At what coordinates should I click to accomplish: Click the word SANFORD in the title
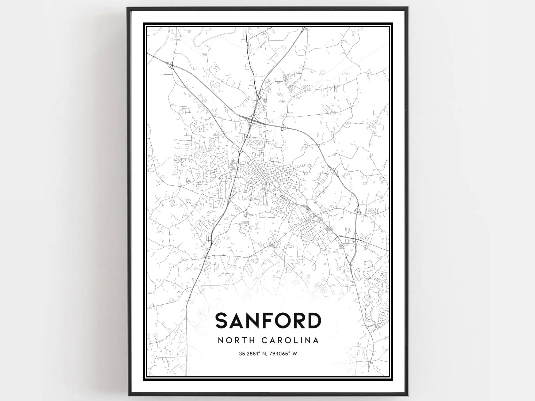coord(268,321)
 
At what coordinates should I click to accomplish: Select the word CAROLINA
coord(290,341)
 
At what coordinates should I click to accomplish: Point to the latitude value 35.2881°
coord(250,354)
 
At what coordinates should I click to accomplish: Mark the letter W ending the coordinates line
coord(295,354)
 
